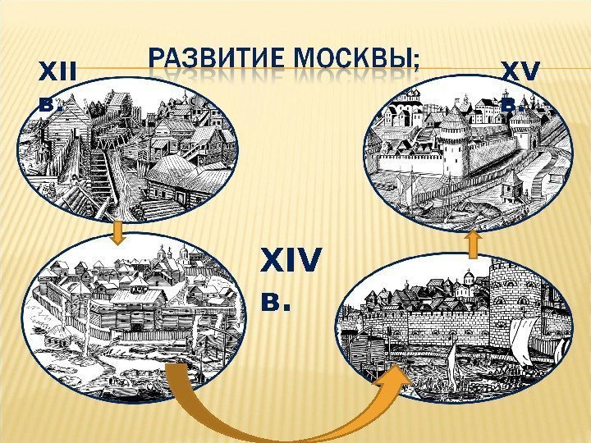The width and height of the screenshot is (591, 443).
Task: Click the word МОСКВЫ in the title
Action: pyautogui.click(x=361, y=62)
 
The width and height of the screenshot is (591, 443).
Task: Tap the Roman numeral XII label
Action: pyautogui.click(x=56, y=76)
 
